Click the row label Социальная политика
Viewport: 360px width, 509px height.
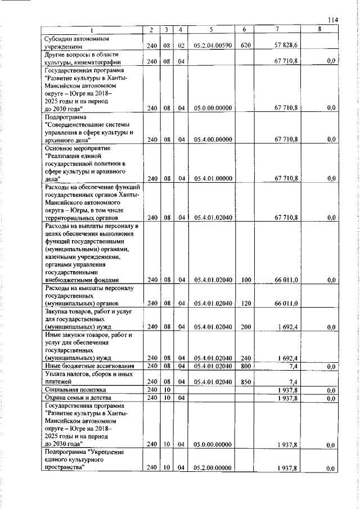[72, 389]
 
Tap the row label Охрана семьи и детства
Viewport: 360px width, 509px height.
[78, 398]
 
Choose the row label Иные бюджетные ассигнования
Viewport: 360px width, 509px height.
[83, 366]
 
